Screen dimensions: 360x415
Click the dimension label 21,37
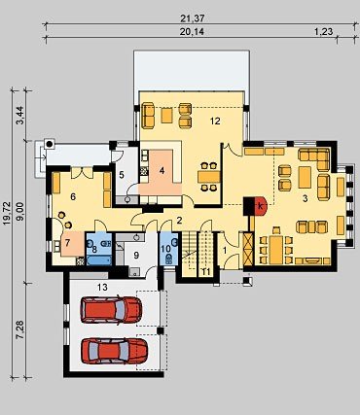point(193,18)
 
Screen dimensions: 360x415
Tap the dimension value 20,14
point(193,31)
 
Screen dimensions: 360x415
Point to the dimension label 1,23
point(323,31)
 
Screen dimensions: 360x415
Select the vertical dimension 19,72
point(7,214)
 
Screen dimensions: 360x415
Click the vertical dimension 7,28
point(20,330)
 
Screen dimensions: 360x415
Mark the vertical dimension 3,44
point(20,117)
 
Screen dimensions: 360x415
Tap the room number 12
point(215,121)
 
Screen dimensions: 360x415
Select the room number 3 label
point(305,199)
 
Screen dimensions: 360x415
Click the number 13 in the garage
point(102,287)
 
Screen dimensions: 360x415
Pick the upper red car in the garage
point(111,309)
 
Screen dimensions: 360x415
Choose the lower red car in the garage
point(114,351)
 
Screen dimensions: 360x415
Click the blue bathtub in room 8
point(99,260)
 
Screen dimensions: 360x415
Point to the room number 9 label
point(136,256)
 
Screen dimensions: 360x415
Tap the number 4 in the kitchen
point(162,171)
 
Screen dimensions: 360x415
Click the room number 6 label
point(73,196)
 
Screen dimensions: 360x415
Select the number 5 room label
point(122,175)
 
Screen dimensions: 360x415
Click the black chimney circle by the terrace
point(50,144)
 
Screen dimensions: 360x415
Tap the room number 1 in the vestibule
point(225,250)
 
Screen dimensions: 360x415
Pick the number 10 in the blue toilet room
point(165,249)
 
